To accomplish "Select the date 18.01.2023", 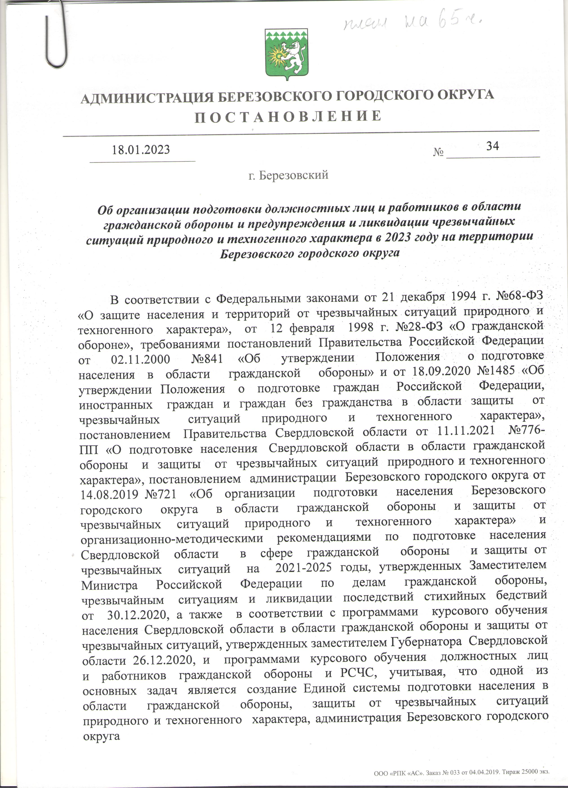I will [x=141, y=150].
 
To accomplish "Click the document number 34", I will [x=492, y=146].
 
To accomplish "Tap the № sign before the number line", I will [x=438, y=152].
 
